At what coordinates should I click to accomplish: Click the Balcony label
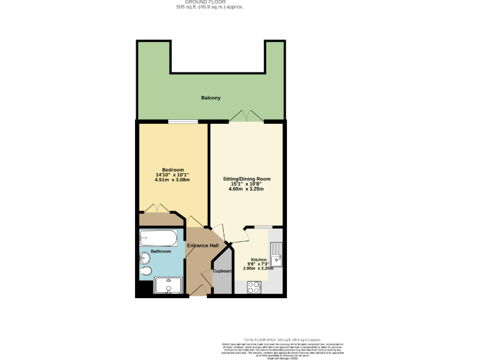point(211,98)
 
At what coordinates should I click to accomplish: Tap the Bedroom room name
point(172,170)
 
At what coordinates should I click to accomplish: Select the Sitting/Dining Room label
point(247,179)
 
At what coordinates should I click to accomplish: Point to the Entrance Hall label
point(202,246)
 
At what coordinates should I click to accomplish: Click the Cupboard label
point(222,271)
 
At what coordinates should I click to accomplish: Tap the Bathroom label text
point(161,252)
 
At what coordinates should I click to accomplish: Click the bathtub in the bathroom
point(158,237)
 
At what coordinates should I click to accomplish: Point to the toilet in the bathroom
point(146,271)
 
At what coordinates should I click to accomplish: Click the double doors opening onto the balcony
point(245,116)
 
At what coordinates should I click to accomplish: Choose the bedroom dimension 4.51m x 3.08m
point(172,180)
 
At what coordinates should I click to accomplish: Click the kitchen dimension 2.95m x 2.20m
point(259,269)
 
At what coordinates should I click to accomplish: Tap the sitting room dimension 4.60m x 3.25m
point(247,189)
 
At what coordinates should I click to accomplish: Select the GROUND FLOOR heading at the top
point(209,2)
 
